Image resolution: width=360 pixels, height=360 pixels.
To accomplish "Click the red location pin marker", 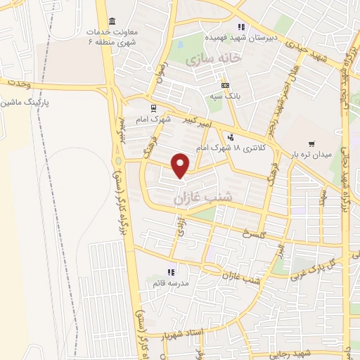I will (181, 165).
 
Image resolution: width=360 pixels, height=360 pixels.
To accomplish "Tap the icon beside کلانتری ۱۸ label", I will (229, 136).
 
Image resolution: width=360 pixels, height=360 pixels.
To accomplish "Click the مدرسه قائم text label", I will (169, 283).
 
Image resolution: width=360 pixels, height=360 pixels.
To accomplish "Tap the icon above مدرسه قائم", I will (169, 272).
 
